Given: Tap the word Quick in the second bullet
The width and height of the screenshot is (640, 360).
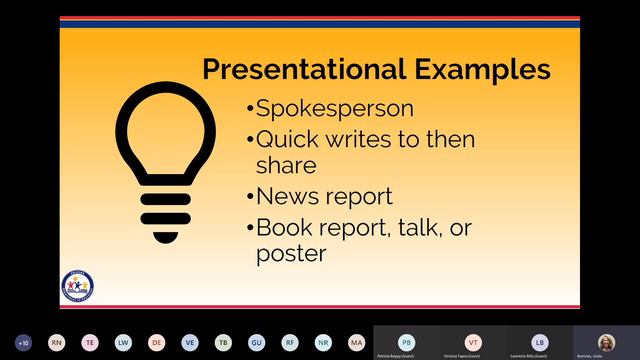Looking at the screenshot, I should tap(284, 140).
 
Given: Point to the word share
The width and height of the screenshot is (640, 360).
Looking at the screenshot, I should tap(286, 163).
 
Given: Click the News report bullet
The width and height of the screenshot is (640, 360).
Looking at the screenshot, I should tap(324, 196).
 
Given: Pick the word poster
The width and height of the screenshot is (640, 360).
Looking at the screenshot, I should tap(291, 253).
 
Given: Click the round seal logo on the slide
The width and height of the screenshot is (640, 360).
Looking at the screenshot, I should tap(77, 285).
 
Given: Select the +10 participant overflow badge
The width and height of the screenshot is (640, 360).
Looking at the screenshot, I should tap(23, 341).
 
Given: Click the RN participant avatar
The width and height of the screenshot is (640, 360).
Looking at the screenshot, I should tap(56, 341).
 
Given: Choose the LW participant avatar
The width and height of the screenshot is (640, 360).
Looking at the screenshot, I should tap(122, 341).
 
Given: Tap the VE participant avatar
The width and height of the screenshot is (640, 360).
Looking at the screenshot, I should tap(189, 341).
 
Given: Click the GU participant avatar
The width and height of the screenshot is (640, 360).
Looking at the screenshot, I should tap(256, 341).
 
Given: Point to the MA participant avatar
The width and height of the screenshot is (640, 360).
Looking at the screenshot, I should tap(356, 341).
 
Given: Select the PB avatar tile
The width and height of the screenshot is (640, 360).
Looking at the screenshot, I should tap(406, 340).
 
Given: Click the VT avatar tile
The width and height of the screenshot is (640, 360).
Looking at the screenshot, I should tap(473, 340).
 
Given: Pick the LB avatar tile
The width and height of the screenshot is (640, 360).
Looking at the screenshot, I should tap(540, 340).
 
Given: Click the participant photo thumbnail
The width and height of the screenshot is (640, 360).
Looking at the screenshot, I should tap(606, 340).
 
